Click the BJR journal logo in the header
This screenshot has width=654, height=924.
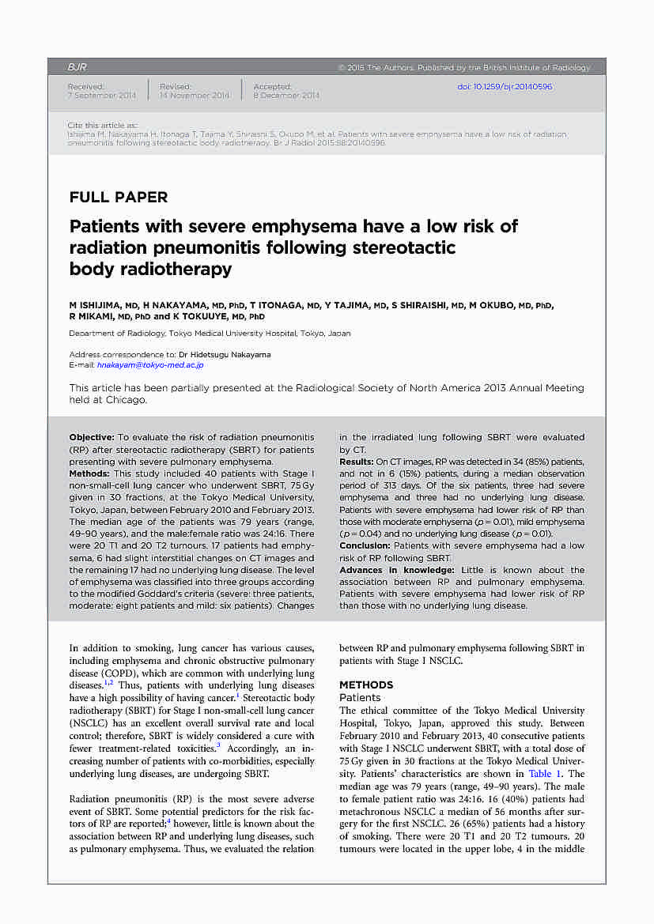pos(77,67)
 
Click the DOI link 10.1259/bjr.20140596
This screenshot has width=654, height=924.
pos(505,86)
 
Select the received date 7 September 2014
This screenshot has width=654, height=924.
pos(102,96)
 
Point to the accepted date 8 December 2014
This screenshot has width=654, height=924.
pos(286,96)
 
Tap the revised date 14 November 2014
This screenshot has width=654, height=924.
pos(195,96)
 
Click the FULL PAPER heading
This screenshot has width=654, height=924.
pos(119,198)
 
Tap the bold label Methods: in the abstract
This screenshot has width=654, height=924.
pos(89,473)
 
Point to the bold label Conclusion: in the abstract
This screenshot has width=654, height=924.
pos(365,545)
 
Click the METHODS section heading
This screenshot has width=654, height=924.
pos(366,685)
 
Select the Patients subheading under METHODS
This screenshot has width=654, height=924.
pos(360,698)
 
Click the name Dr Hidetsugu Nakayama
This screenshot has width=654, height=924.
pos(225,355)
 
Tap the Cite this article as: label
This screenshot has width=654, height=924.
pos(102,125)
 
